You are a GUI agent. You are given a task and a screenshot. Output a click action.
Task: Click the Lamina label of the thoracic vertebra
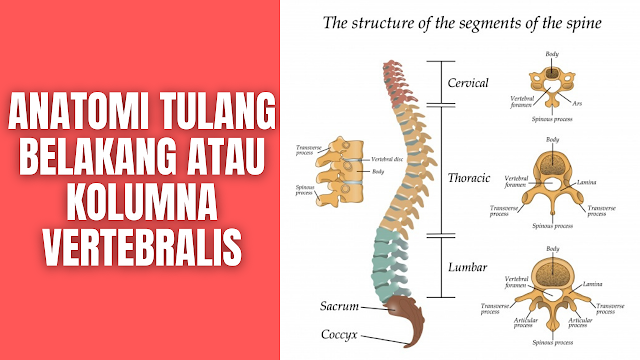point(590,184)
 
